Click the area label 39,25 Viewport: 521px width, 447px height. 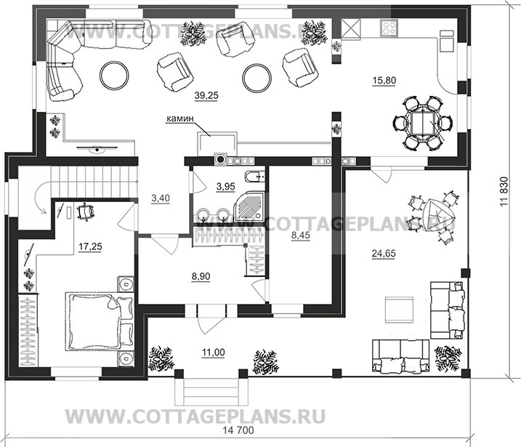(x=206, y=96)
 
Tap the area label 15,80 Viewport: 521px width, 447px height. (x=384, y=81)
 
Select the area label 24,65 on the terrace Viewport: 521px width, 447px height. (x=384, y=254)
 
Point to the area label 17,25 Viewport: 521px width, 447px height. (x=90, y=246)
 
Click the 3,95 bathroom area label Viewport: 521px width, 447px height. (x=225, y=187)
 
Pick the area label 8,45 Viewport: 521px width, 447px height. (x=300, y=235)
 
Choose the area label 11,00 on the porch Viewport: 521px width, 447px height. (x=214, y=353)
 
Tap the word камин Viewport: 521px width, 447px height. (x=179, y=118)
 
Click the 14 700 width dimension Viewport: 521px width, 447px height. (x=238, y=430)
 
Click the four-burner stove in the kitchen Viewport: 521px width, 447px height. (x=389, y=27)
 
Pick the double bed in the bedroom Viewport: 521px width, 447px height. (x=100, y=321)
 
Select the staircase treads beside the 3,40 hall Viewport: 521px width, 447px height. (x=94, y=182)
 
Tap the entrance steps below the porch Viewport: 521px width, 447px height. (x=211, y=392)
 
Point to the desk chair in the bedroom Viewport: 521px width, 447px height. (x=86, y=212)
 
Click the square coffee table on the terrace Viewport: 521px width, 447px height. (x=399, y=310)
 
